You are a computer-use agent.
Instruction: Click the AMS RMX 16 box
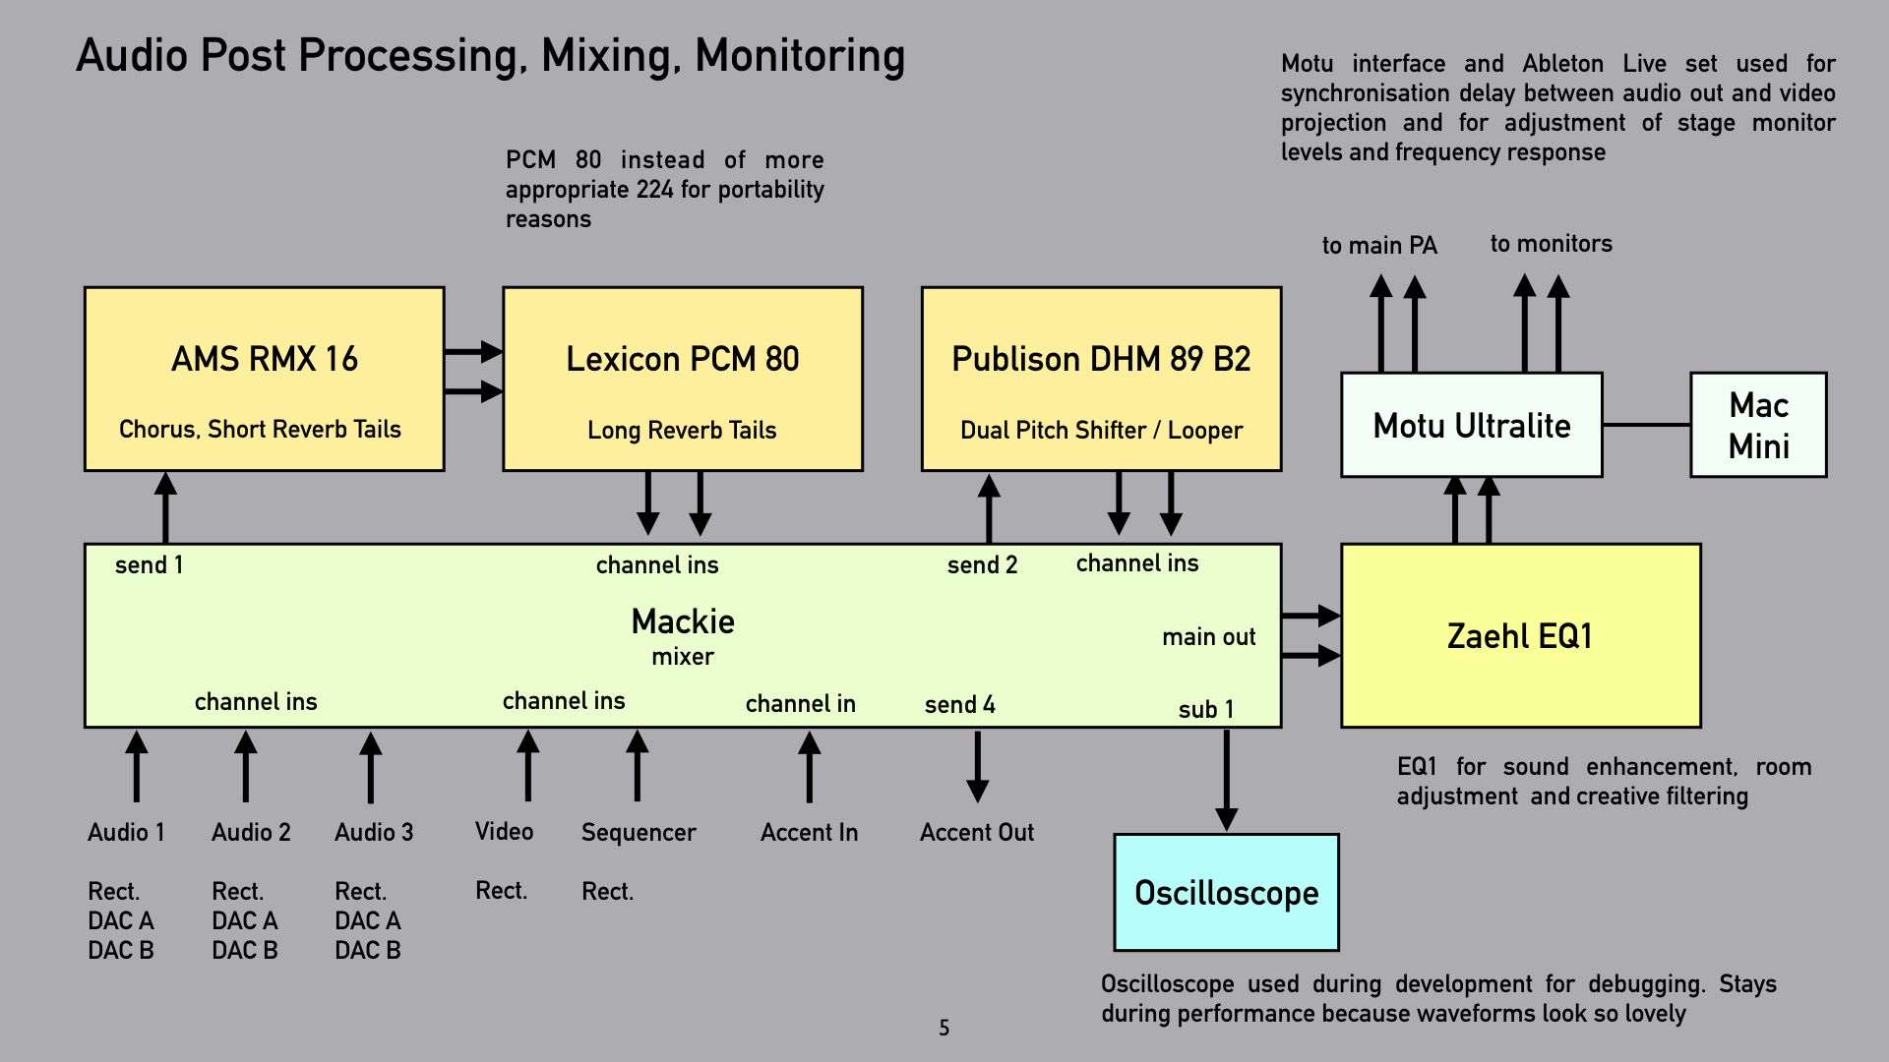(x=264, y=380)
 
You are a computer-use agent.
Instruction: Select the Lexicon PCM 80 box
(x=682, y=380)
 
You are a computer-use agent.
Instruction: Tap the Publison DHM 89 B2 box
(x=1101, y=380)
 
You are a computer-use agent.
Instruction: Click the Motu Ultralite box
(x=1471, y=425)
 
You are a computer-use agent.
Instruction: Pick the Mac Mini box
(x=1758, y=425)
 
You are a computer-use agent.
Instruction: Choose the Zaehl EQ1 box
(x=1520, y=636)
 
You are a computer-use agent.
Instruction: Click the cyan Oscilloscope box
(x=1226, y=893)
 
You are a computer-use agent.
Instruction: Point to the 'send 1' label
(x=149, y=565)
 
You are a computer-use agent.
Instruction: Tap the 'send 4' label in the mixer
(x=959, y=705)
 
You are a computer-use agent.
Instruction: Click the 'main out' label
(x=1208, y=637)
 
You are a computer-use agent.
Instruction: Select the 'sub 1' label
(x=1205, y=710)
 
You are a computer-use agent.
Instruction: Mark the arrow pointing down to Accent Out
(x=977, y=767)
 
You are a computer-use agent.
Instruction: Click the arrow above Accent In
(x=809, y=767)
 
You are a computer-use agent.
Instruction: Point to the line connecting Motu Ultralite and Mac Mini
(x=1646, y=425)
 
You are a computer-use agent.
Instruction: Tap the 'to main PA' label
(x=1379, y=246)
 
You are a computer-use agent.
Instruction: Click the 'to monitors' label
(x=1551, y=244)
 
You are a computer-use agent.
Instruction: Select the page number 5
(x=944, y=1029)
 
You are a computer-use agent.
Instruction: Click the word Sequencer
(x=639, y=833)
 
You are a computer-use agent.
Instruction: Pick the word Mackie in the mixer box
(x=683, y=621)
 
